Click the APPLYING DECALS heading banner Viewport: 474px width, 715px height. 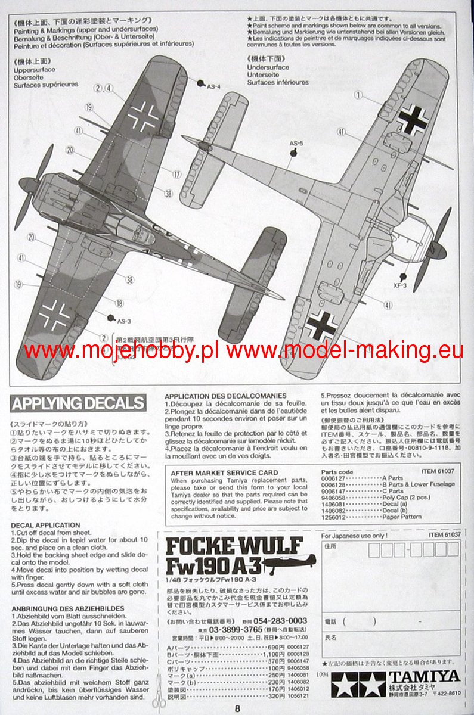(78, 403)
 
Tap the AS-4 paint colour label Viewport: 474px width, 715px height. (213, 86)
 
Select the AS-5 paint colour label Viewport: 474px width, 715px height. (296, 144)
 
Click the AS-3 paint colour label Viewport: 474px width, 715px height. (123, 321)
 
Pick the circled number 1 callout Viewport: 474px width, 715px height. (358, 94)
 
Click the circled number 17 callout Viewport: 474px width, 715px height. (177, 174)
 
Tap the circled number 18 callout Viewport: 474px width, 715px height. (119, 303)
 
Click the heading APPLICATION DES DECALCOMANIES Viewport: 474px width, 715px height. (225, 396)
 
